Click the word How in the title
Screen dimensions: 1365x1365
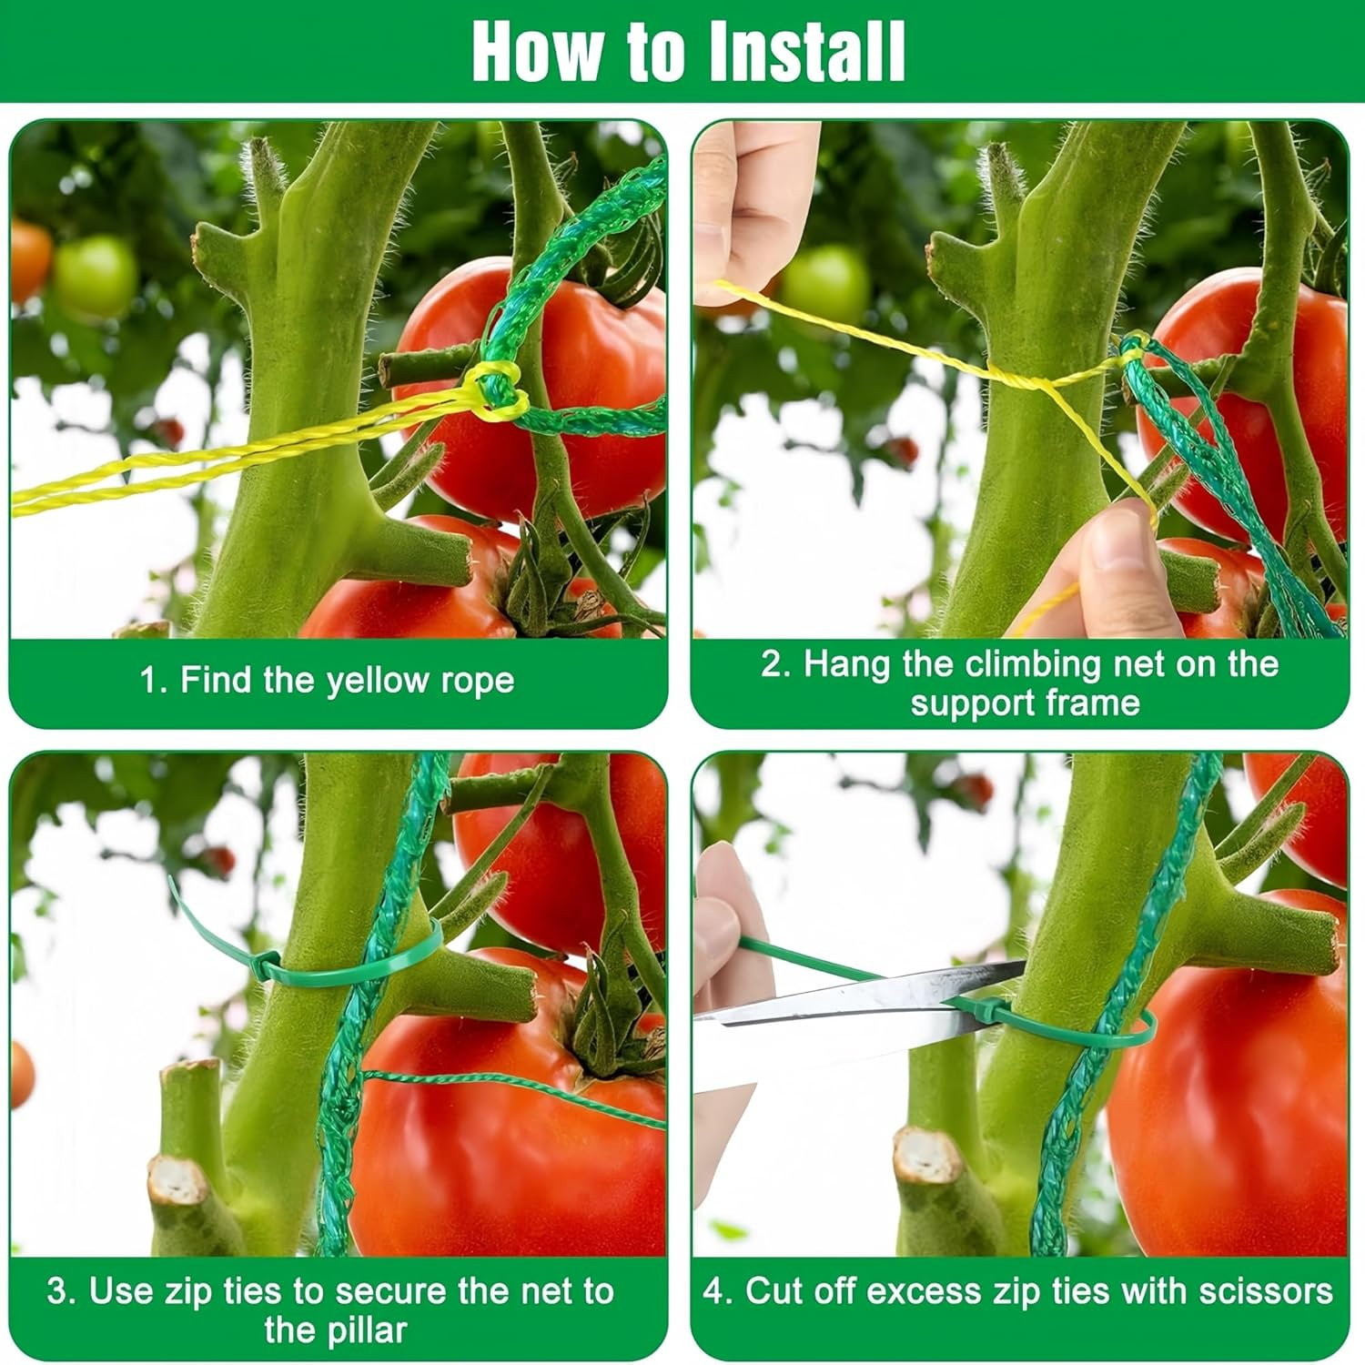pos(537,52)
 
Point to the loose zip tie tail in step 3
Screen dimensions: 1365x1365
pos(196,915)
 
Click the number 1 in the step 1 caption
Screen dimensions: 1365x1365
pos(148,681)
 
